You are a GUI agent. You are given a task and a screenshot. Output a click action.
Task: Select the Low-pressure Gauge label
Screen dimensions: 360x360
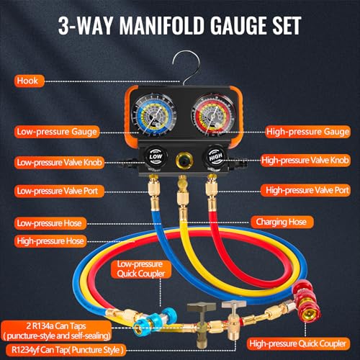(57, 132)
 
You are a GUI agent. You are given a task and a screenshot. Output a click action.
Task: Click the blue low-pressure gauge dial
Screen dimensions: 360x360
(154, 115)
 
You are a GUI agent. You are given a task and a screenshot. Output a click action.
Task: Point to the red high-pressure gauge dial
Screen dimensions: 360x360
(213, 115)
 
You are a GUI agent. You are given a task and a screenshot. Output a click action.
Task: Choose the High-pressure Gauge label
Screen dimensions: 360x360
(308, 132)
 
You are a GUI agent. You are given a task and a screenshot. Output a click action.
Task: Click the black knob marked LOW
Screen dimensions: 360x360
(156, 157)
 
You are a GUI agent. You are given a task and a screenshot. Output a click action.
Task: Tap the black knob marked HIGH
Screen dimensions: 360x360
(215, 157)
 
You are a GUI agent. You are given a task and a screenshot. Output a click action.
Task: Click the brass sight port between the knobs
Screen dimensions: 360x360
(183, 160)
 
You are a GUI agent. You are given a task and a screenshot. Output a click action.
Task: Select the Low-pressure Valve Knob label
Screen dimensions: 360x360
(59, 163)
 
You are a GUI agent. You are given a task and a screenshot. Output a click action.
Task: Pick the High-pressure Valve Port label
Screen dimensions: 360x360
(305, 190)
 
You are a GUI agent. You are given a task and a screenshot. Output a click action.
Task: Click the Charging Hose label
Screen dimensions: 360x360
(282, 222)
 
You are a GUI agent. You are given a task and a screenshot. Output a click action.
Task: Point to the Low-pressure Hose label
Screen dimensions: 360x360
(50, 223)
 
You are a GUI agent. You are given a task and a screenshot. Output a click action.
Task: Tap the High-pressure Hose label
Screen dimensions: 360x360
(50, 241)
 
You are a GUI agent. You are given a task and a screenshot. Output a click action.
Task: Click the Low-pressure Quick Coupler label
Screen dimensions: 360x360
(141, 269)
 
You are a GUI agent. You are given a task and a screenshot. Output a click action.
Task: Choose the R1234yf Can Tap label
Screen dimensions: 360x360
(66, 350)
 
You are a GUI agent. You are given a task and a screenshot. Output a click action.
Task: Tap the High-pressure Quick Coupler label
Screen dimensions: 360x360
(298, 343)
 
